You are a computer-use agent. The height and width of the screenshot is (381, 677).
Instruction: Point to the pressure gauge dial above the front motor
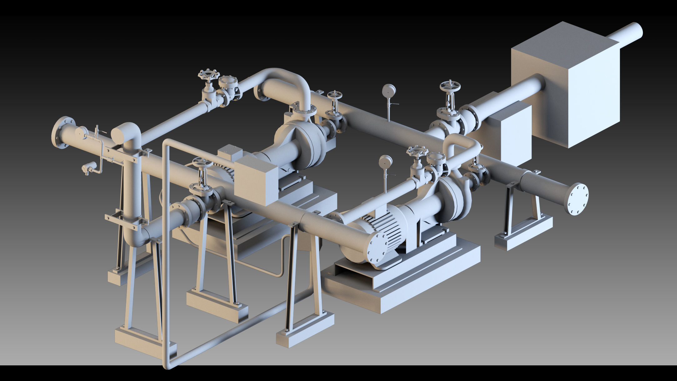pyautogui.click(x=386, y=162)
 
